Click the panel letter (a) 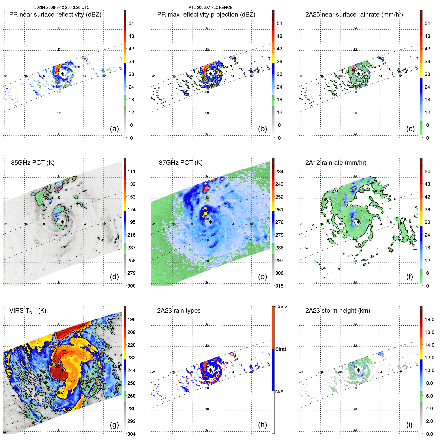click(114, 129)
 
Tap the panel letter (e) click(262, 277)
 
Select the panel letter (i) click(409, 425)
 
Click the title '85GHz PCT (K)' click(33, 163)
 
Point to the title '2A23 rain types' click(179, 311)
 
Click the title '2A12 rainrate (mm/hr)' click(336, 163)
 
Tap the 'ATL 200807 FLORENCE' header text click(211, 8)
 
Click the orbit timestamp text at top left click(62, 8)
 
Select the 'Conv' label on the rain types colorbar click(281, 307)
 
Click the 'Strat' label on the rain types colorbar click(281, 349)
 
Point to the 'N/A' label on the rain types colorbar click(279, 392)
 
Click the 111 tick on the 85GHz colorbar click(131, 171)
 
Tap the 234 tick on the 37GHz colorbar click(279, 171)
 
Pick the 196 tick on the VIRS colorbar click(131, 319)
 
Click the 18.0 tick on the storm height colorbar click(429, 319)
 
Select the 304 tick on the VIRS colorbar click(131, 434)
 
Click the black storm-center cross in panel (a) click(62, 74)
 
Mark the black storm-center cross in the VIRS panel click(62, 370)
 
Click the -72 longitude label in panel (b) click(153, 76)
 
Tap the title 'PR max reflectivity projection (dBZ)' click(206, 15)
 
